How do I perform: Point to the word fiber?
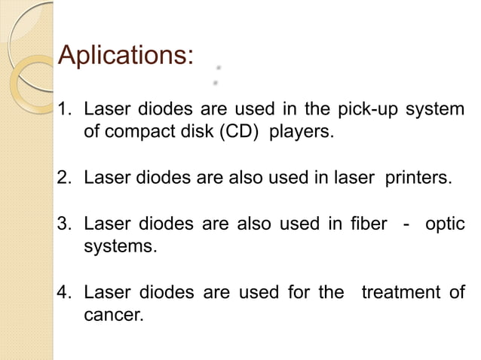point(366,225)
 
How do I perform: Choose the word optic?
point(446,225)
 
